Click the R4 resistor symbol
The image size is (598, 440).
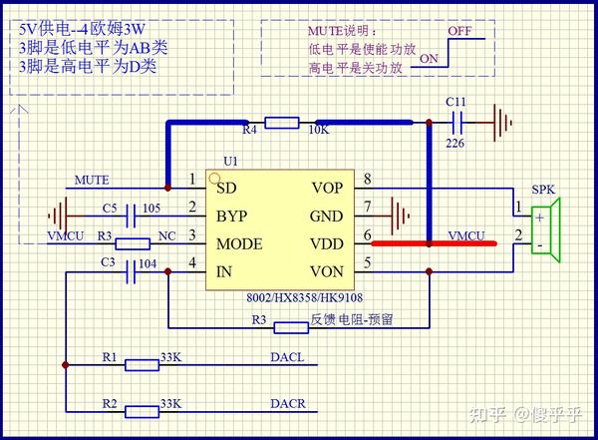click(x=282, y=123)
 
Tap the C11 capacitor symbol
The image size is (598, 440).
click(x=456, y=123)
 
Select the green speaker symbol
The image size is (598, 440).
click(x=546, y=229)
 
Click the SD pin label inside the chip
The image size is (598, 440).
click(x=226, y=188)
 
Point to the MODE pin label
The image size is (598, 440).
click(x=239, y=244)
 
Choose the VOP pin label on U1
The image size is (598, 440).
click(x=327, y=188)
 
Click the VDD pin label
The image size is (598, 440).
click(x=327, y=244)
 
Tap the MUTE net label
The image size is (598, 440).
click(x=92, y=180)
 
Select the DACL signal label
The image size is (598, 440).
click(x=287, y=357)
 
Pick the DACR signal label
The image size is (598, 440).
click(x=288, y=404)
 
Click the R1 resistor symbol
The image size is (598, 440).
click(x=142, y=365)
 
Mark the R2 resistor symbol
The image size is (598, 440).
click(x=142, y=412)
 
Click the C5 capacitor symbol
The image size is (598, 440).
click(x=131, y=216)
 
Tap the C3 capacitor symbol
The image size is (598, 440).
click(x=131, y=271)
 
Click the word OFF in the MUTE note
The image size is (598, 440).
click(x=459, y=31)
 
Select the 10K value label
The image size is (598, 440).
click(x=319, y=131)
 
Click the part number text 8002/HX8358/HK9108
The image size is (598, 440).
click(x=304, y=297)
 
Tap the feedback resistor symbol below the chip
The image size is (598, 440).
click(x=291, y=327)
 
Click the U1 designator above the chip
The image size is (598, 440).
click(x=231, y=162)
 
